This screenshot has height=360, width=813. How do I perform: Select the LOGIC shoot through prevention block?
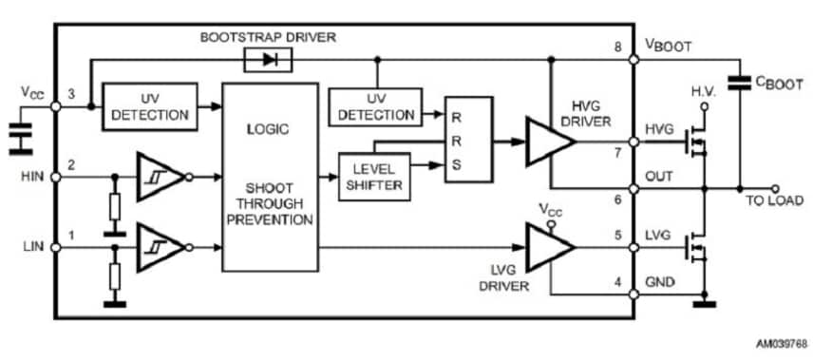(x=270, y=177)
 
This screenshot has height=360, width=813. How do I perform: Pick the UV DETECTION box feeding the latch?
(x=375, y=106)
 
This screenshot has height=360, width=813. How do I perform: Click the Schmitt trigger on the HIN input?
(x=157, y=176)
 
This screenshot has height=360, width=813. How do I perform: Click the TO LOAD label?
(x=775, y=201)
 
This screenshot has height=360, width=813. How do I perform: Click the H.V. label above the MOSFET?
(x=704, y=92)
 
